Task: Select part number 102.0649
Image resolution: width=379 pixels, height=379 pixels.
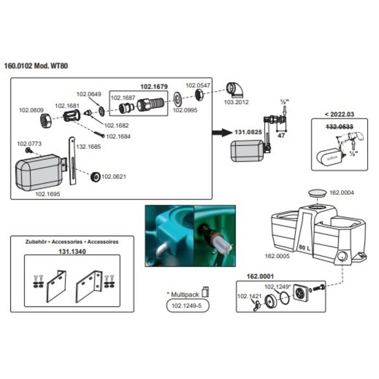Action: (x=88, y=94)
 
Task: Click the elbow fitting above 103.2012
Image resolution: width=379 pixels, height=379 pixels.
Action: (x=234, y=89)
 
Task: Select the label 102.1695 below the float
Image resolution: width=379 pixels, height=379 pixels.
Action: (x=48, y=192)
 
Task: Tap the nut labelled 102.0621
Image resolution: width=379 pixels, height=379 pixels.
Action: (x=95, y=176)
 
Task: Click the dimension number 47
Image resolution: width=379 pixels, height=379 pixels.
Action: (x=281, y=136)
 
